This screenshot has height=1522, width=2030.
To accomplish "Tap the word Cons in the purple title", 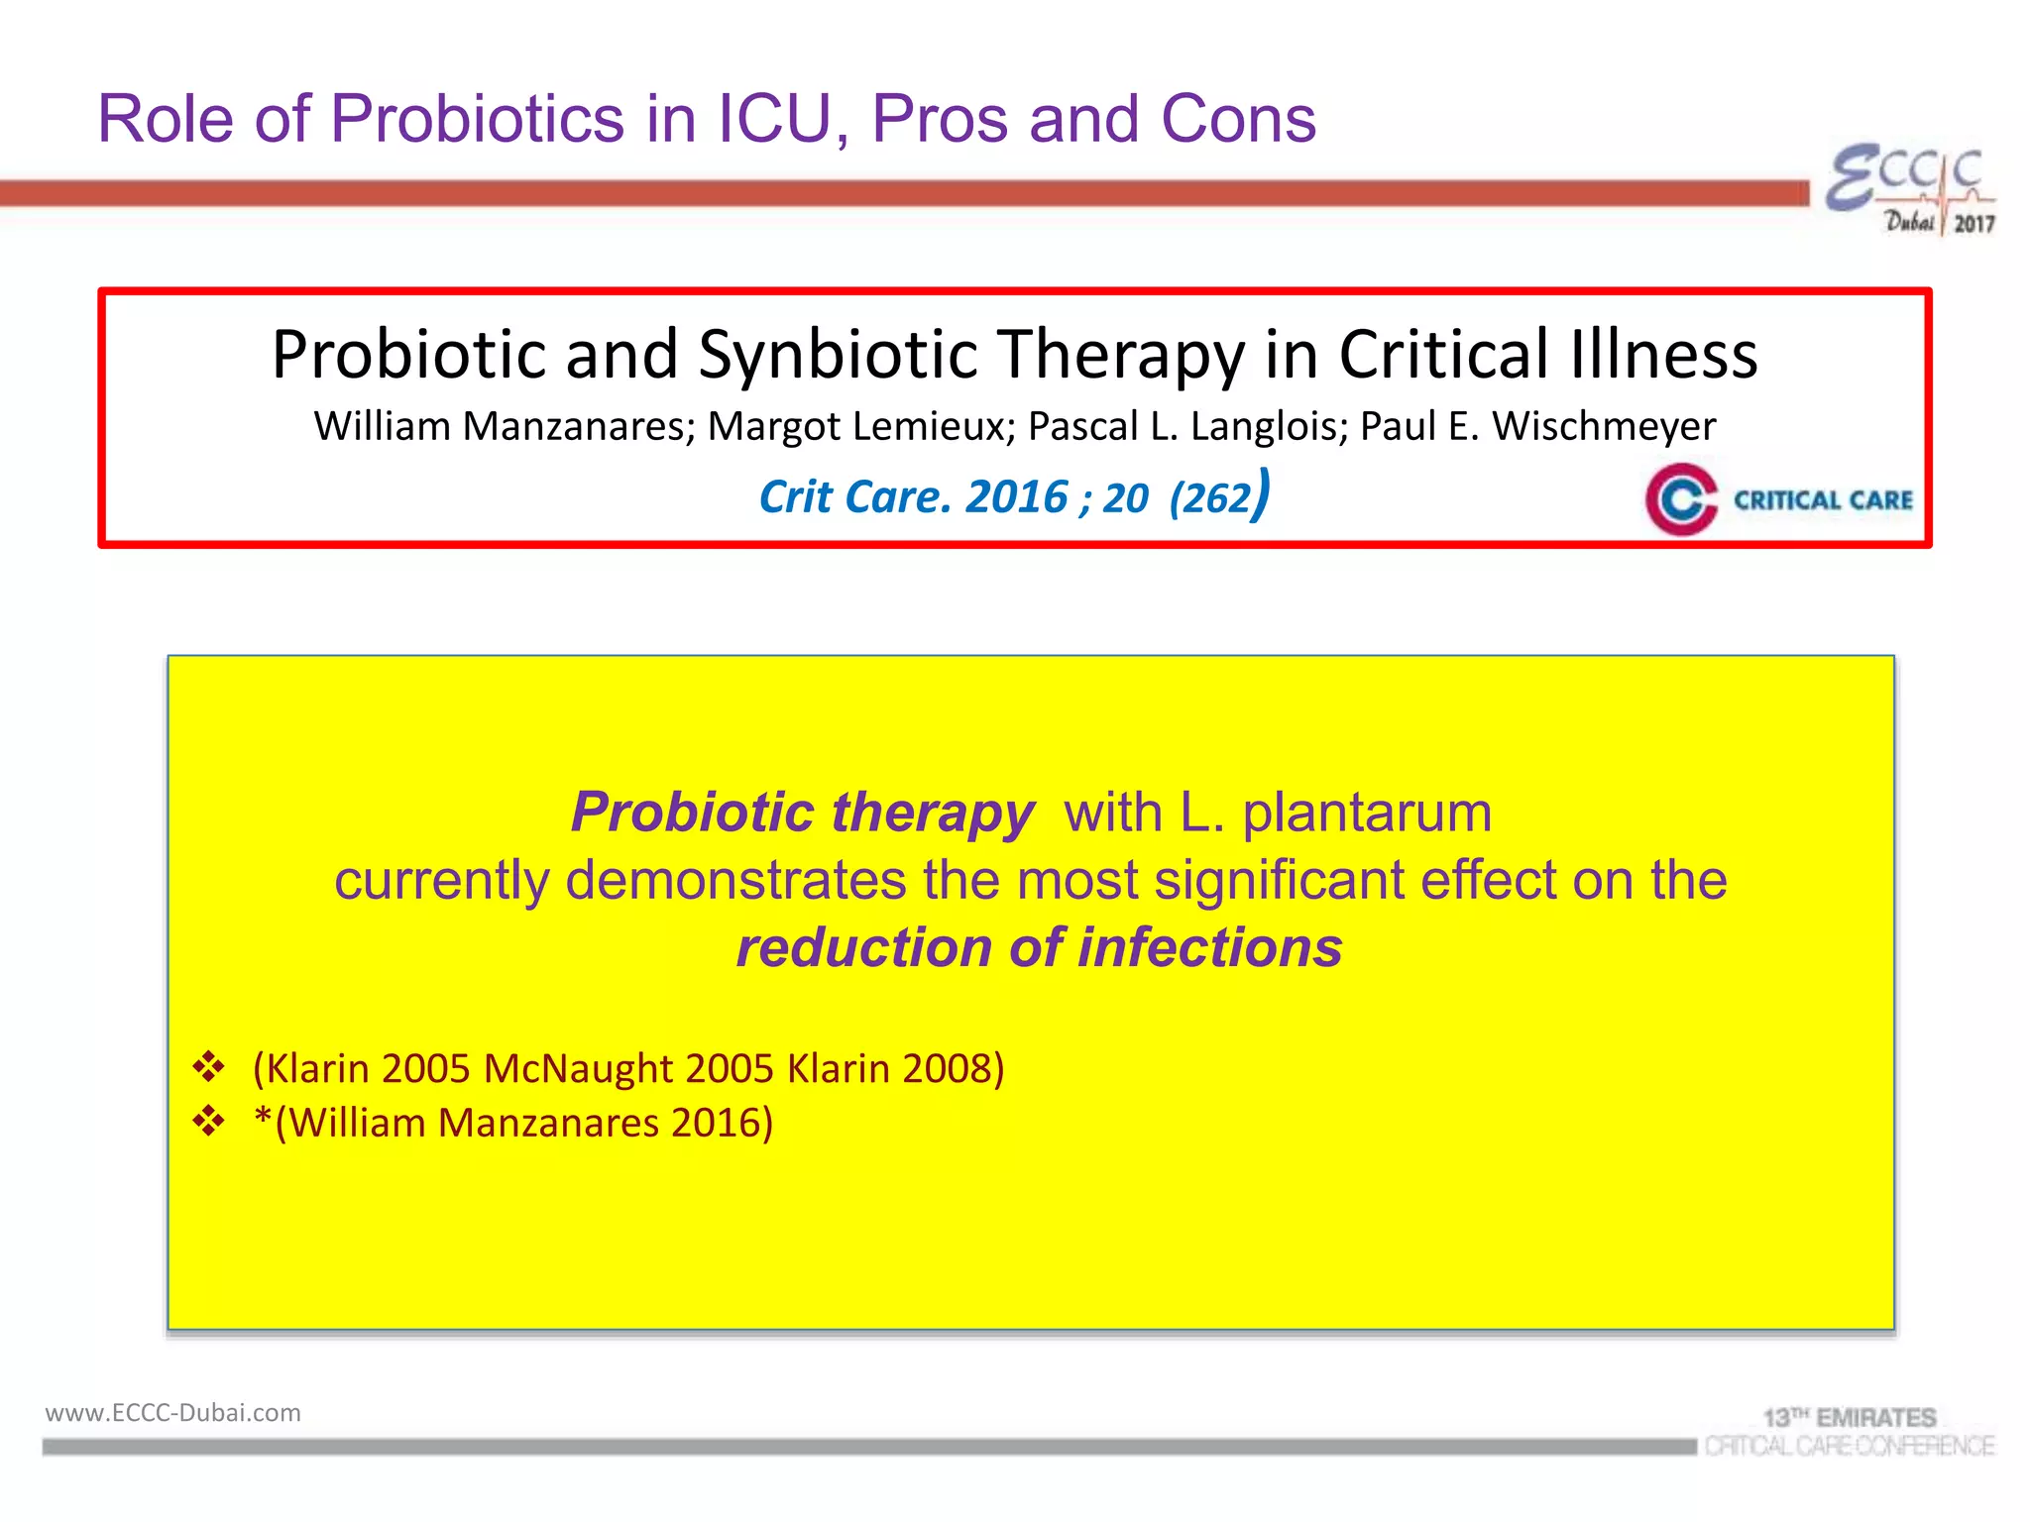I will tap(1238, 119).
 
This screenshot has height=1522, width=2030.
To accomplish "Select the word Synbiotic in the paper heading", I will tap(838, 354).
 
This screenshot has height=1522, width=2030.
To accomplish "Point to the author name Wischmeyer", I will tap(1604, 426).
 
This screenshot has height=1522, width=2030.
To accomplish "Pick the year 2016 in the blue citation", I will tap(1017, 496).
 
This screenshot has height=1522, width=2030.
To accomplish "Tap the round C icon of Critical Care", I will tap(1681, 499).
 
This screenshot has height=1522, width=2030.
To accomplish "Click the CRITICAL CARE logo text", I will tap(1823, 500).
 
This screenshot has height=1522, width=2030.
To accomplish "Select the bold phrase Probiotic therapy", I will tap(802, 813).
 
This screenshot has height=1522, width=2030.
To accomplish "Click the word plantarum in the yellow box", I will tap(1367, 813).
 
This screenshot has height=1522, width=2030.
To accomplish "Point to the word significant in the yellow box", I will tap(1279, 880).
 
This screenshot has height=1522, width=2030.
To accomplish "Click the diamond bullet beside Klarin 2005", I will tap(209, 1068).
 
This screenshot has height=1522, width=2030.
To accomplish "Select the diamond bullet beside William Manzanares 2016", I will tap(209, 1123).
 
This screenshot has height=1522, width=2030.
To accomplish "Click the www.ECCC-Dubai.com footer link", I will tap(172, 1412).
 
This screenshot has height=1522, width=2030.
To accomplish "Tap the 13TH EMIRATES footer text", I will tap(1849, 1417).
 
